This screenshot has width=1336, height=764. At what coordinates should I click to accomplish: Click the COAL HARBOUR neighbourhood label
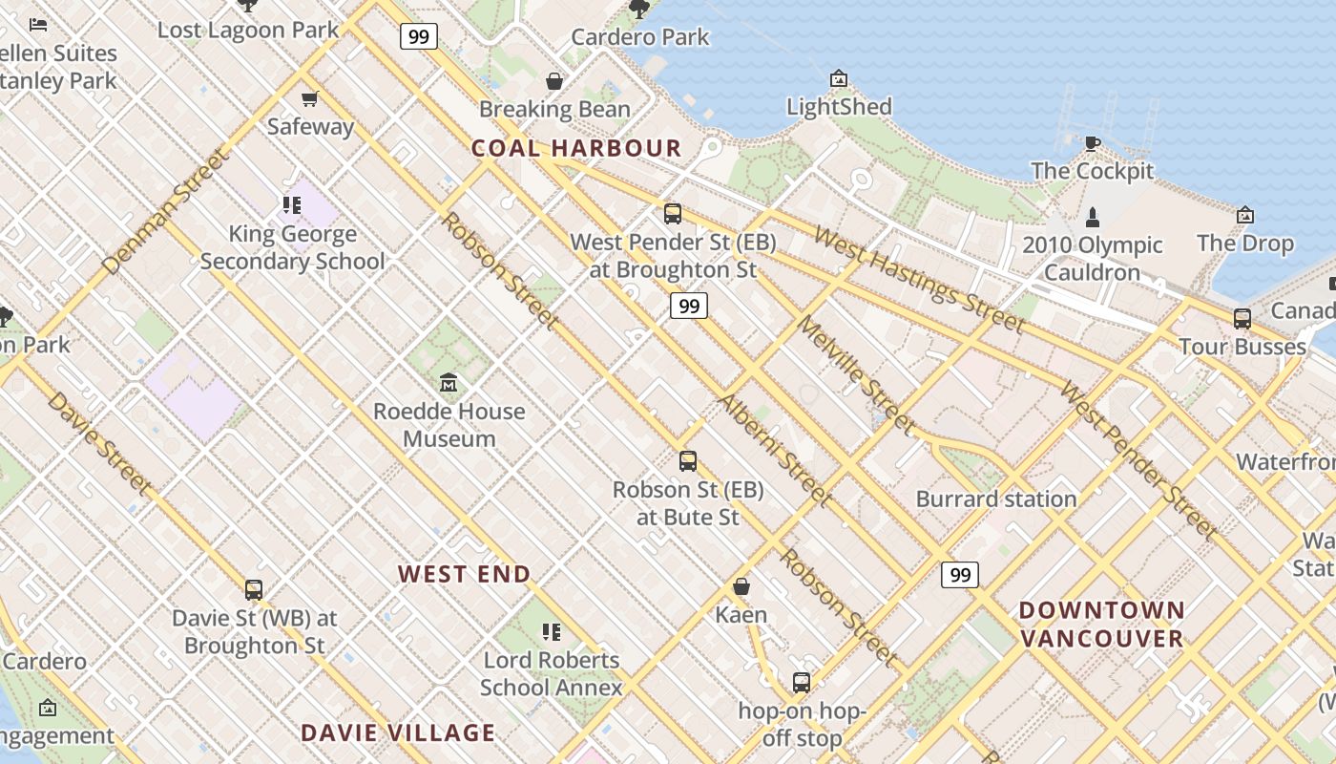point(576,148)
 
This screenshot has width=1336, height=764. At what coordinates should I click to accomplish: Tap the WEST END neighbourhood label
point(464,574)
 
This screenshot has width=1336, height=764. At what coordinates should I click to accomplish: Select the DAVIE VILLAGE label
point(398,732)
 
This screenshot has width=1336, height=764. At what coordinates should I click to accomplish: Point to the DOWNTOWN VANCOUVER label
point(1102,624)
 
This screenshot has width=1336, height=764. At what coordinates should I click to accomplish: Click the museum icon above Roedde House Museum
point(449,383)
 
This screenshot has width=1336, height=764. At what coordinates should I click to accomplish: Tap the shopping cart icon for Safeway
point(310,98)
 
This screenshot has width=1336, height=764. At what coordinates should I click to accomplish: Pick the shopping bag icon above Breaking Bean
point(554,81)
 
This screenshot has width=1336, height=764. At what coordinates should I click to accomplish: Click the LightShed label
point(839,106)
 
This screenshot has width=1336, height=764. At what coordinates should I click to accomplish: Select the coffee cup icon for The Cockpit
point(1093,144)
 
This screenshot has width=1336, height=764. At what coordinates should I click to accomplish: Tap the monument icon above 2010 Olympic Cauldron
point(1093,217)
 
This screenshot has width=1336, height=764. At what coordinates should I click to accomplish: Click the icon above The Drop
point(1244,215)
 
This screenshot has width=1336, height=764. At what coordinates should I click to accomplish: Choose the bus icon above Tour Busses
point(1242,318)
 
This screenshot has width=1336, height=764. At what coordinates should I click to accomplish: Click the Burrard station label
point(996,499)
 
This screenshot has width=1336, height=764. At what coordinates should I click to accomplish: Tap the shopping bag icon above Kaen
point(741,586)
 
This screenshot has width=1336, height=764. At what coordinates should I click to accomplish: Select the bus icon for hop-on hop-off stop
point(802,683)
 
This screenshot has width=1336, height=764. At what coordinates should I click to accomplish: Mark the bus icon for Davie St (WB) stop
point(254,590)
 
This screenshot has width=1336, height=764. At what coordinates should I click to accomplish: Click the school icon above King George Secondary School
point(292,204)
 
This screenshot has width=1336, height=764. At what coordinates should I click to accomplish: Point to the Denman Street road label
point(166,211)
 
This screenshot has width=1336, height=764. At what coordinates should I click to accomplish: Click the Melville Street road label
point(855,375)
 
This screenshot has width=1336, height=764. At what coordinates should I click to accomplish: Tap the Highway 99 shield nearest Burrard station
point(960,574)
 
